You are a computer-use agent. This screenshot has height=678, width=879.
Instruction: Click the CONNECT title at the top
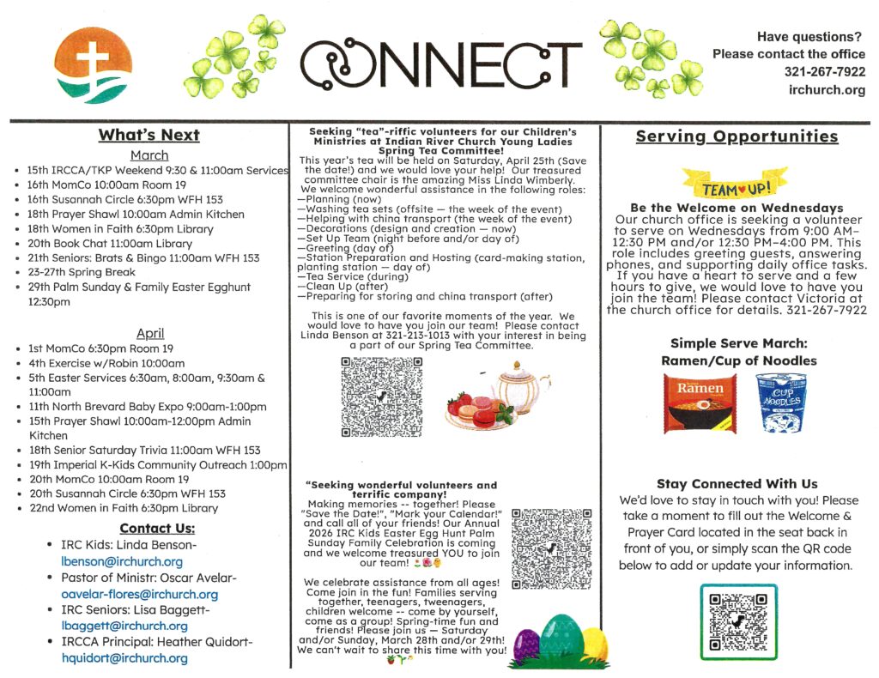[x=440, y=61]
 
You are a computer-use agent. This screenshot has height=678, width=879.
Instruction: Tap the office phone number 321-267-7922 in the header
[x=824, y=72]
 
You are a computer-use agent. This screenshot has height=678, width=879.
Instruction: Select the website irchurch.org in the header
[x=827, y=90]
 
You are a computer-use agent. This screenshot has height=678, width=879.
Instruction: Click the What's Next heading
[x=149, y=135]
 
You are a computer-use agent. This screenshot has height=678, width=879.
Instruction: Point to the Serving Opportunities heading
[x=737, y=136]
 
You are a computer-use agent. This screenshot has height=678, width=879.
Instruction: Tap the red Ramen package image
[x=700, y=403]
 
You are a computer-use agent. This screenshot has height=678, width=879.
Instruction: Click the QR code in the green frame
[x=738, y=621]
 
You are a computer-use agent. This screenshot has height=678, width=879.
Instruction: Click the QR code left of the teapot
[x=382, y=397]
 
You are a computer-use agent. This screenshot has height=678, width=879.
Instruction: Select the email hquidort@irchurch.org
[x=124, y=658]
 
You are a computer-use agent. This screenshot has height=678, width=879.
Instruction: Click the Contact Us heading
[x=157, y=528]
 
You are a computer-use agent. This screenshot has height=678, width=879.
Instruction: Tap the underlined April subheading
[x=149, y=333]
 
